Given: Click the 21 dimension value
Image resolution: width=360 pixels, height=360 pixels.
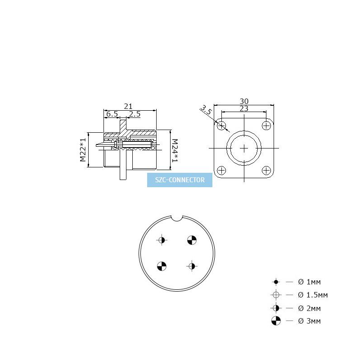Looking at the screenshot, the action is coord(128,106).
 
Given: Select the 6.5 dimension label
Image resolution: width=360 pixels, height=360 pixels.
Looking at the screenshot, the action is coord(112,114).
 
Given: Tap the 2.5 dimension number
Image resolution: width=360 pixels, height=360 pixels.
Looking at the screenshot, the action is coord(135,114).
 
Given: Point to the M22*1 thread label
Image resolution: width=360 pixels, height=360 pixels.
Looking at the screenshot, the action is coord(83,150).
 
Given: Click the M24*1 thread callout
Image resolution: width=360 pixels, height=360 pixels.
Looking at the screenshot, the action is coord(175,150).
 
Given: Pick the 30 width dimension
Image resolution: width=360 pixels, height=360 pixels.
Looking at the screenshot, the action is coord(244,101).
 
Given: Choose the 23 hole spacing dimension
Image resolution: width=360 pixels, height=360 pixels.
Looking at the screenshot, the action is coord(244,108).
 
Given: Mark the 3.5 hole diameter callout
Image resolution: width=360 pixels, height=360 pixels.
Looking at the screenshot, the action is coord(206,110).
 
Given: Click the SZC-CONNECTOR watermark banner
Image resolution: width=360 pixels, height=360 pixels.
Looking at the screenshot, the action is coord(180,180).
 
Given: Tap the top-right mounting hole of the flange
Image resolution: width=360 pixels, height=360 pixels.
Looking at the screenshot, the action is coord(266,126).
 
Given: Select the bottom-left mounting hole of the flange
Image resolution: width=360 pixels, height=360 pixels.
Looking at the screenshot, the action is coord(221,171).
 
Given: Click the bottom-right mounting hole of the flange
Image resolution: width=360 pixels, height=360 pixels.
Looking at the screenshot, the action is coord(266,171).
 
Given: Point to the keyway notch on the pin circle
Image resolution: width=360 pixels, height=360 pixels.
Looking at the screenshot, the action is coord(177,218).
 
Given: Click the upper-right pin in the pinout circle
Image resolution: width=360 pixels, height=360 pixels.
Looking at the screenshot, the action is coord(192,240).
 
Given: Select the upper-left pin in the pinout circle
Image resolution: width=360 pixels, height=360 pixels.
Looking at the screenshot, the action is coord(162,240).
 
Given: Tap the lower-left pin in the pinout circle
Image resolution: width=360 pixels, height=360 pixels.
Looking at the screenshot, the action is coord(162,266).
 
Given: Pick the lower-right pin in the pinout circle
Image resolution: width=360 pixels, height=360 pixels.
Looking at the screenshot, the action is coord(192,266).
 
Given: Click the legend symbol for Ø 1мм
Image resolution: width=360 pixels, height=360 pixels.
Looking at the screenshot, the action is coord(276,282).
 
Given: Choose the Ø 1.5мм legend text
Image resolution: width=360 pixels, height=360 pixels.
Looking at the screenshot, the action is coord(313,295).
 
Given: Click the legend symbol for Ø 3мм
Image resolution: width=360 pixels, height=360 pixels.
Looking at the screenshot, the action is coord(276,321).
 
